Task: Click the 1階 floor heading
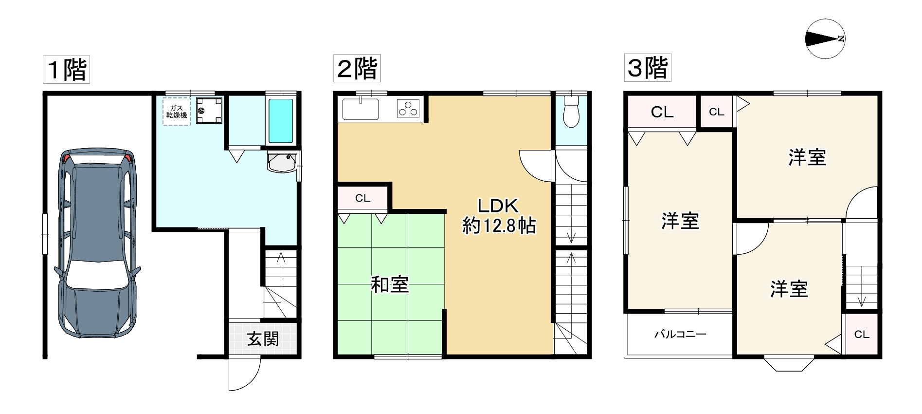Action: [x=67, y=70]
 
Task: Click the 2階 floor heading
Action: [x=357, y=68]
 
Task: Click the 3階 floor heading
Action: [x=648, y=68]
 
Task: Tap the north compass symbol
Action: [x=825, y=39]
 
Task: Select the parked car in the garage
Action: [x=97, y=243]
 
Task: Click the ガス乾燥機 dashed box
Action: [x=176, y=112]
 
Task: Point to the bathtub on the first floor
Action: [x=281, y=121]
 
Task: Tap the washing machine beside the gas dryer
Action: [x=209, y=111]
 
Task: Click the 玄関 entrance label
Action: [x=263, y=339]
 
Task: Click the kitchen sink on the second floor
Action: [x=361, y=109]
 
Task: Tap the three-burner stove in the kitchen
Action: [x=408, y=109]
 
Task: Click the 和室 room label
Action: [x=390, y=284]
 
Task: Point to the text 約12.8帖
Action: [x=499, y=226]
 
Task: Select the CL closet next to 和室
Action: [x=363, y=198]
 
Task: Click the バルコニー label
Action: [x=680, y=334]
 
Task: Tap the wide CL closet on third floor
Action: [x=662, y=112]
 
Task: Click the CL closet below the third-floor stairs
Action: [x=861, y=334]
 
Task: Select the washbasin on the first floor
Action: [x=282, y=163]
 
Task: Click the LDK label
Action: [x=498, y=206]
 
